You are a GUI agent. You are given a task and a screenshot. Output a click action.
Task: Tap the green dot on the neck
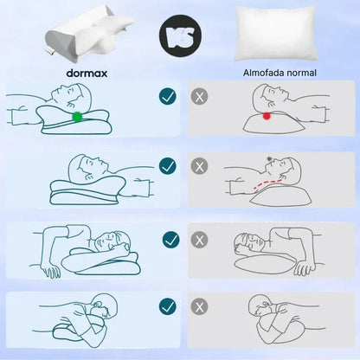point(78,116)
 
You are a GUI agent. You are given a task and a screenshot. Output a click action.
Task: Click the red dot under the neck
point(267,114)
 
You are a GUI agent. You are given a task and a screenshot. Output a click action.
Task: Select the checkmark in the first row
point(168,96)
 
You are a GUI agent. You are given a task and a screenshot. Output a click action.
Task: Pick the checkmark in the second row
point(168,165)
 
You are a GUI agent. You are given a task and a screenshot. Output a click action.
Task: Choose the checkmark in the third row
point(170,238)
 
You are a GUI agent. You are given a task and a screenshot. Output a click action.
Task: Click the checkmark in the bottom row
point(168,305)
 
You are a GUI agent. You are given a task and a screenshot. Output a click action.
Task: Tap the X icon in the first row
point(201,96)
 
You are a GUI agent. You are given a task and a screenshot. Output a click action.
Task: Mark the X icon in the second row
point(201,165)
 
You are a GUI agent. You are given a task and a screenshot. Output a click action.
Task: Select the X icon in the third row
point(201,238)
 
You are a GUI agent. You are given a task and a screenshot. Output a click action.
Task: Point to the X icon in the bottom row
point(201,305)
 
